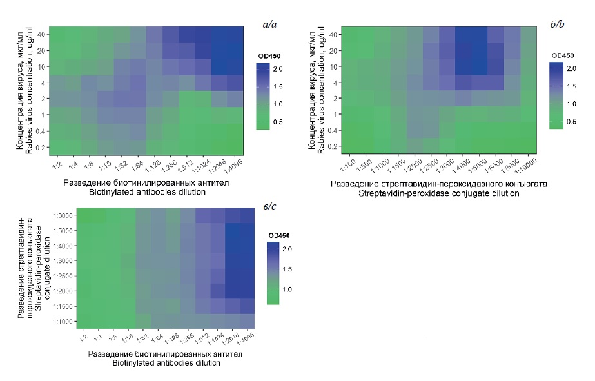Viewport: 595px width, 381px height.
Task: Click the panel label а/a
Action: [x=269, y=24]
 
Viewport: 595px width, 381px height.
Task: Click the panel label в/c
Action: [x=271, y=204]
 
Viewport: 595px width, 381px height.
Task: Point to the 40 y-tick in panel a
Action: [x=40, y=34]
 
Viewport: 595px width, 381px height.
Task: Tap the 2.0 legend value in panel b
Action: [x=571, y=68]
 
